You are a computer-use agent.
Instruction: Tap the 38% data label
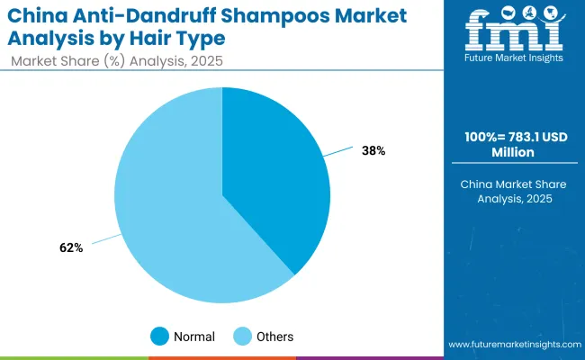coord(374,151)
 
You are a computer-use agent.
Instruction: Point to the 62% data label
coord(71,247)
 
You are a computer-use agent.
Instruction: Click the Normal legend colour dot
coord(159,337)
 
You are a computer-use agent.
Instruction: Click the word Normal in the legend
coord(195,337)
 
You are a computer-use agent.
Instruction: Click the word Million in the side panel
coord(510,154)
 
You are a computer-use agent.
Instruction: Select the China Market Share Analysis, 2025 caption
coord(510,191)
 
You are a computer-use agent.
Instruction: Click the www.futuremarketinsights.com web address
coord(510,345)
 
